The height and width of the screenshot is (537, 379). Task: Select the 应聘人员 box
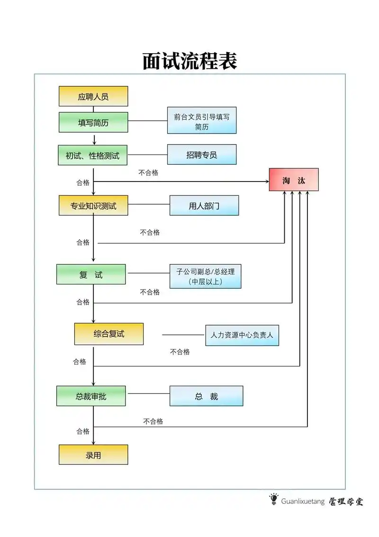pyautogui.click(x=93, y=96)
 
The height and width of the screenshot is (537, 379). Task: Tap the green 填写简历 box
pyautogui.click(x=93, y=122)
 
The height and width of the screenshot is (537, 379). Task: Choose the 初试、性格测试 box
pyautogui.click(x=92, y=155)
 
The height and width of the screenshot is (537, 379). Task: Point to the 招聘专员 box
pyautogui.click(x=201, y=155)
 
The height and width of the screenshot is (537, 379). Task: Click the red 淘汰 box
pyautogui.click(x=294, y=180)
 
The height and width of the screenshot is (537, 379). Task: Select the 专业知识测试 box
pyautogui.click(x=93, y=205)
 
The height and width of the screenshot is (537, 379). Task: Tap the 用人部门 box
pyautogui.click(x=204, y=205)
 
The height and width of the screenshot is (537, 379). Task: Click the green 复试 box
pyautogui.click(x=91, y=274)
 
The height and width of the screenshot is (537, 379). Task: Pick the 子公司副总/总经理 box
pyautogui.click(x=206, y=276)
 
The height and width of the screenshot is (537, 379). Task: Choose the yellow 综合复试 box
pyautogui.click(x=108, y=334)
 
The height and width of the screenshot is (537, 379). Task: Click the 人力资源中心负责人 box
pyautogui.click(x=242, y=335)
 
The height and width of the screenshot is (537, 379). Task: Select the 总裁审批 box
pyautogui.click(x=91, y=396)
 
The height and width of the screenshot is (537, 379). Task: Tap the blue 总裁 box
pyautogui.click(x=206, y=396)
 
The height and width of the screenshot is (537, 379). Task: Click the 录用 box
pyautogui.click(x=93, y=455)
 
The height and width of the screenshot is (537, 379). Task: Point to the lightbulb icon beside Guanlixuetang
pyautogui.click(x=273, y=499)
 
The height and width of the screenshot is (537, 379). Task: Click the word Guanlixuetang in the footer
pyautogui.click(x=303, y=501)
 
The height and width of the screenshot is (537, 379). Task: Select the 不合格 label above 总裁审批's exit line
pyautogui.click(x=153, y=421)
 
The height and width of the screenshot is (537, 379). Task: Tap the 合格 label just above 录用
pyautogui.click(x=83, y=431)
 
